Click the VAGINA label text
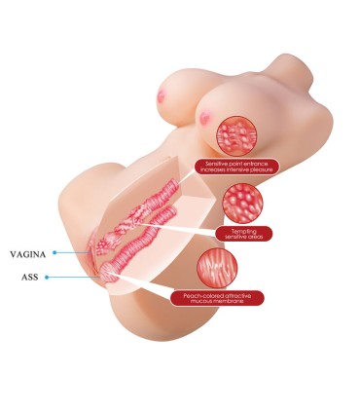pyautogui.click(x=28, y=254)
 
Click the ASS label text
pyautogui.click(x=30, y=278)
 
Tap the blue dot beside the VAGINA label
pyautogui.click(x=54, y=252)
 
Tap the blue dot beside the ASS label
pyautogui.click(x=47, y=278)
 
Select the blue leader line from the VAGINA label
pyautogui.click(x=74, y=252)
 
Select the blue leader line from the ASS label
pyautogui.click(x=74, y=278)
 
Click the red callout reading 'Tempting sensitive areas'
pyautogui.click(x=244, y=234)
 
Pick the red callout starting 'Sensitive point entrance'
pyautogui.click(x=236, y=167)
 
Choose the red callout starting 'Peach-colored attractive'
pyautogui.click(x=217, y=298)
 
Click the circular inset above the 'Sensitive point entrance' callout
pyautogui.click(x=236, y=135)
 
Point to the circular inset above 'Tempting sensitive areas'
pyautogui.click(x=242, y=204)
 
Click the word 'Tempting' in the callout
pyautogui.click(x=244, y=232)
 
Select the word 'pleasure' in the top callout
pyautogui.click(x=261, y=169)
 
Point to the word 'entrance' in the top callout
pyautogui.click(x=256, y=164)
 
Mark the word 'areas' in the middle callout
pyautogui.click(x=255, y=237)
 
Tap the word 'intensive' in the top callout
pyautogui.click(x=235, y=169)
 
